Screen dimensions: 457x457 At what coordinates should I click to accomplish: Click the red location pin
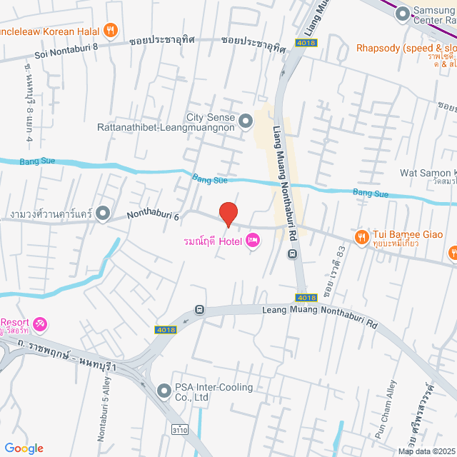(228, 214)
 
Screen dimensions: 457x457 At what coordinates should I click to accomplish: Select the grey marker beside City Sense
(246, 119)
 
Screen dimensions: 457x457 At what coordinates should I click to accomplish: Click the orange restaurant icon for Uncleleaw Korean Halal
(109, 30)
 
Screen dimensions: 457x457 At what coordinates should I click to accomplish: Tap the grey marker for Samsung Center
(402, 12)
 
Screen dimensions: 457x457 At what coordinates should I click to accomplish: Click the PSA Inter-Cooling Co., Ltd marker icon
(164, 391)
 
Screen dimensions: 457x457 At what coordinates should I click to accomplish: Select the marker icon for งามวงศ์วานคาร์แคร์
(103, 213)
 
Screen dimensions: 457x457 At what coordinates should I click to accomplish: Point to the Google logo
(23, 448)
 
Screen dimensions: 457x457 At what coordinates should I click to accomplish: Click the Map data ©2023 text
(426, 451)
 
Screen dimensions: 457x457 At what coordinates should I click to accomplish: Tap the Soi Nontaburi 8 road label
(66, 55)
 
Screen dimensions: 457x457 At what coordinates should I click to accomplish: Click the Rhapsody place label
(403, 49)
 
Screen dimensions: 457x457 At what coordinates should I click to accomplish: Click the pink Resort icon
(40, 325)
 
